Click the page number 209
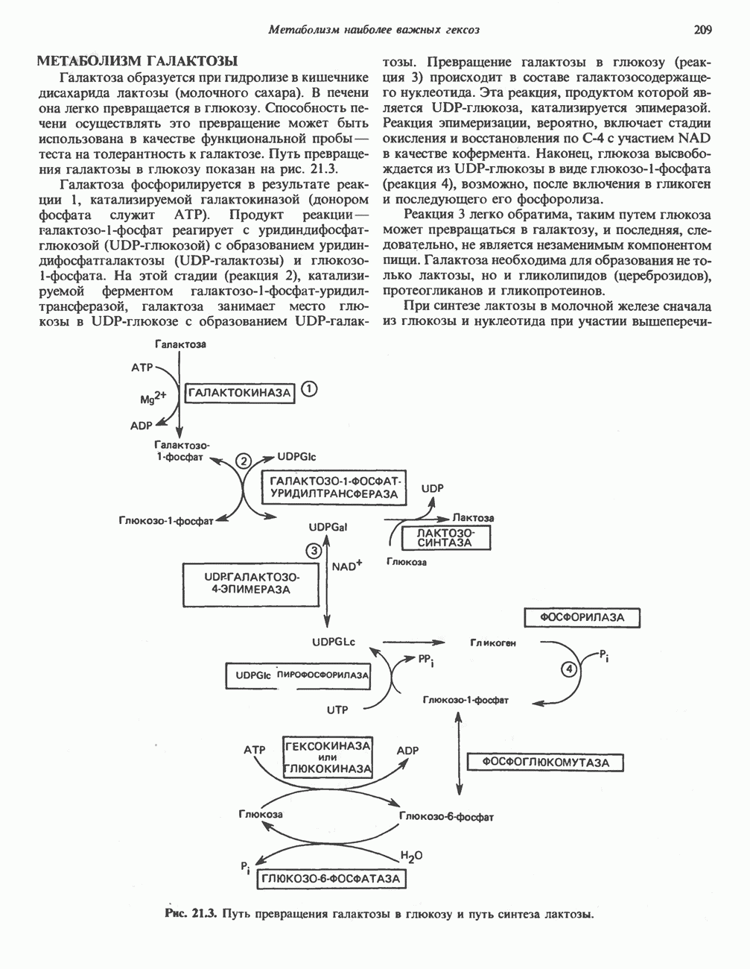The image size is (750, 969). point(702,31)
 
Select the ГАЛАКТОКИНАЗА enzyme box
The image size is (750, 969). point(239,392)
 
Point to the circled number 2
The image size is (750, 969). point(244,461)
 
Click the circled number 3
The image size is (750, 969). point(314,551)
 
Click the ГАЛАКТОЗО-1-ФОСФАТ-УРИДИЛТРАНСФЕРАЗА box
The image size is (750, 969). point(334,487)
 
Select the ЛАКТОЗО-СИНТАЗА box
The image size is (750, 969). point(445,537)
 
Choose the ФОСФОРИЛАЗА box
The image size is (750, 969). point(582,617)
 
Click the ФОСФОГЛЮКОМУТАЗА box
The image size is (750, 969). point(545,763)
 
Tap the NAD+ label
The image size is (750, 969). point(347,566)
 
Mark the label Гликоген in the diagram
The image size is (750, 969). point(493,642)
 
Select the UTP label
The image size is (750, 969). point(337,710)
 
